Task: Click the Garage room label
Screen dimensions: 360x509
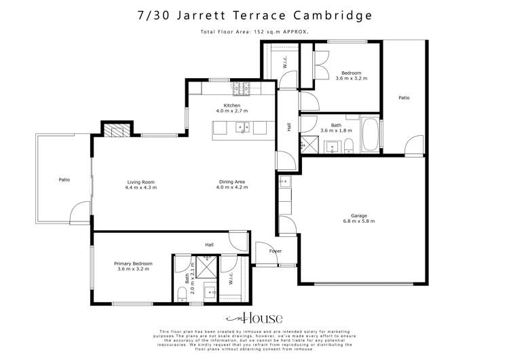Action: click(x=359, y=216)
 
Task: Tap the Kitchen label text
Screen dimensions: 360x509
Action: click(x=232, y=106)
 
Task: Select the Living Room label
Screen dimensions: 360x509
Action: click(x=140, y=182)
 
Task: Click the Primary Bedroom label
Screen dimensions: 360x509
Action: click(x=133, y=264)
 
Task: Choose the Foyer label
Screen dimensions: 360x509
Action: click(x=276, y=251)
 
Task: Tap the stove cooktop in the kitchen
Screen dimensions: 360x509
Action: click(x=242, y=88)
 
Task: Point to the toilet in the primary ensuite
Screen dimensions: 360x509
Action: click(x=181, y=293)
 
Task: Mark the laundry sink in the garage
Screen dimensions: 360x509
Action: click(x=285, y=181)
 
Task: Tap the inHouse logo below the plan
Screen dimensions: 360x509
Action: click(x=254, y=318)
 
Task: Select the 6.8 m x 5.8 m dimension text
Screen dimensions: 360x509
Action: click(x=359, y=221)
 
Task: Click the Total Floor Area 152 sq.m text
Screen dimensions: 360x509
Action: click(x=254, y=32)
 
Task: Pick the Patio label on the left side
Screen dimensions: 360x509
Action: click(x=64, y=180)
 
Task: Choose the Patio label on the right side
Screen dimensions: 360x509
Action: click(x=404, y=98)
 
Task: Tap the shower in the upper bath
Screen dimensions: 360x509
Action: click(x=309, y=143)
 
